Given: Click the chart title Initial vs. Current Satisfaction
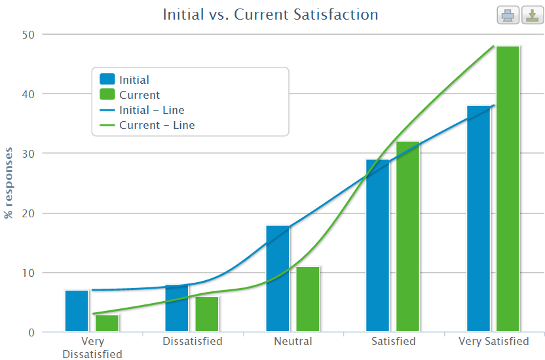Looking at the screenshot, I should coord(271,14).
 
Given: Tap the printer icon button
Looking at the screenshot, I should coord(508,15).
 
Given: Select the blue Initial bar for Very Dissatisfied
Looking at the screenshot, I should coord(77,311).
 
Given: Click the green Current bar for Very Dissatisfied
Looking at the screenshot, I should coord(107,323).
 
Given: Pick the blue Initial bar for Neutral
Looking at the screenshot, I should coord(278,278).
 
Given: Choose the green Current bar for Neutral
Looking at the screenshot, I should coord(308,299).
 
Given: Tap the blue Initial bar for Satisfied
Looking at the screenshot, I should coord(378,245).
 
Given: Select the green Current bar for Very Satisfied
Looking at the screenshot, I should coord(508,189).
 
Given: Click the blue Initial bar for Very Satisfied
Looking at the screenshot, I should coord(479,219).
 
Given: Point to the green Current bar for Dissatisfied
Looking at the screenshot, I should coord(207,314).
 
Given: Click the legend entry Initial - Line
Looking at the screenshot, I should coord(151,110).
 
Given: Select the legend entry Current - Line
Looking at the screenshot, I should coord(157,125).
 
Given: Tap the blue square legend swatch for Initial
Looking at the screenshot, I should coord(107,80).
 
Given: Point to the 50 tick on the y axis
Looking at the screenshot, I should coord(29,34).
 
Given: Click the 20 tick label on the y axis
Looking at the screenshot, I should coord(29,213).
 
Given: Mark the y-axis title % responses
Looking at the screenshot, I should coord(9,183).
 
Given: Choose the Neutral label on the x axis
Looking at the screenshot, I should coord(293,342).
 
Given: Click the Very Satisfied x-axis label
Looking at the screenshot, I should coord(494,342).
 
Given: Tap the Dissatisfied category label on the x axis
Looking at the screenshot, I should coord(192,342).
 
